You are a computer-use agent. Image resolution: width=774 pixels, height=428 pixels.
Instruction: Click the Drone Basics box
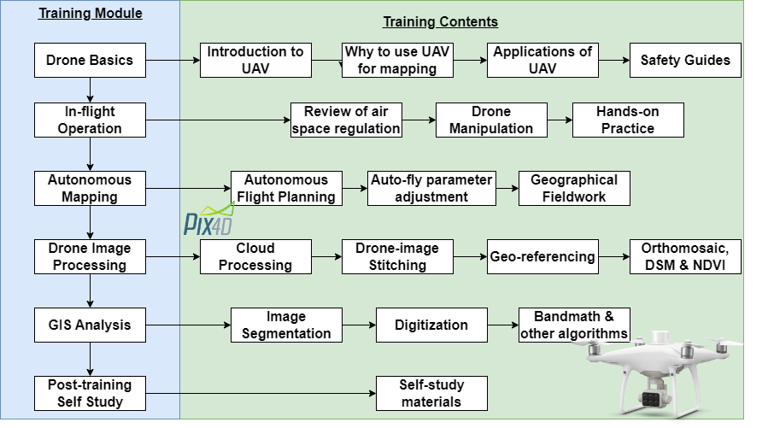[x=90, y=60]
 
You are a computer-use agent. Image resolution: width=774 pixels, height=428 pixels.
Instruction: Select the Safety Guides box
[x=685, y=60]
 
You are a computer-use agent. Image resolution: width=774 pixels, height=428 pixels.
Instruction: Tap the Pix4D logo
[x=208, y=220]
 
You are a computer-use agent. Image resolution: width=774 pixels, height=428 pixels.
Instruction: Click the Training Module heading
[x=91, y=14]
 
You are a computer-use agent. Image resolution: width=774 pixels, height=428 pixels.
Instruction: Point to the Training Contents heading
[x=440, y=21]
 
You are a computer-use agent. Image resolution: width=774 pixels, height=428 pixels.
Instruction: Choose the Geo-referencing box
[x=542, y=256]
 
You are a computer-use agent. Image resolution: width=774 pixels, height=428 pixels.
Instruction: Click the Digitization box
[x=431, y=325]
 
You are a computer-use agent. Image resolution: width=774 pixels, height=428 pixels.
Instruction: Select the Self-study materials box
[x=431, y=394]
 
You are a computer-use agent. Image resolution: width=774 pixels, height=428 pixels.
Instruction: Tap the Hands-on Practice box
[x=628, y=120]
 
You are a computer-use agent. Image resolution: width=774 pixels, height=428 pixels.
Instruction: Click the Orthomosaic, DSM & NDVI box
[x=685, y=256]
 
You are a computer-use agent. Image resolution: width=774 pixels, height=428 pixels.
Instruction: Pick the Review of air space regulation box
[x=346, y=120]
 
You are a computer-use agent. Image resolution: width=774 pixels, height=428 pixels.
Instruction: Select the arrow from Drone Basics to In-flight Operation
[x=90, y=90]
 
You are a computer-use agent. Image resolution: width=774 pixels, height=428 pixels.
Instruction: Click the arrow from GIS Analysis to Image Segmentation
[x=188, y=325]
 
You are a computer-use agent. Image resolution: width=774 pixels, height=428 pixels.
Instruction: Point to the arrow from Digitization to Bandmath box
[x=503, y=325]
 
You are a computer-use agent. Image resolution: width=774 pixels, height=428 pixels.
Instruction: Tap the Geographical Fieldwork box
[x=574, y=188]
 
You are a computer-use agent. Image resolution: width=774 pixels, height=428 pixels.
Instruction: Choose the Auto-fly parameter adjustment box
[x=431, y=188]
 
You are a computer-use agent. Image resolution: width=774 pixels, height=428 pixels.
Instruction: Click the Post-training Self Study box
[x=90, y=394]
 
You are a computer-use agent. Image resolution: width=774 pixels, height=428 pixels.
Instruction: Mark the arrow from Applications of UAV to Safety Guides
[x=614, y=60]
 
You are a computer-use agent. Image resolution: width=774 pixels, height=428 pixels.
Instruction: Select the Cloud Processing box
[x=255, y=256]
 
